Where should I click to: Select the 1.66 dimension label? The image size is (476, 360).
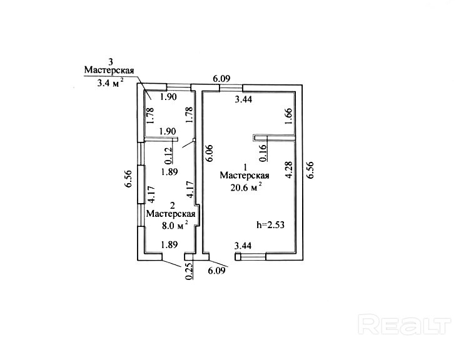tap(288, 117)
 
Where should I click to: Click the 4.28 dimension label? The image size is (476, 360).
tap(288, 171)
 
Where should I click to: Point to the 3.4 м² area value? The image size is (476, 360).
tap(110, 82)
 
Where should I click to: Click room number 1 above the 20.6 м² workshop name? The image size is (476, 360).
tap(245, 167)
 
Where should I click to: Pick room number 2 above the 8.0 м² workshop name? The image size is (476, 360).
tap(172, 204)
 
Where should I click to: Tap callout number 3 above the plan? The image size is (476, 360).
tap(111, 61)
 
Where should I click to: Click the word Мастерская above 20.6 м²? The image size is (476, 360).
tap(245, 176)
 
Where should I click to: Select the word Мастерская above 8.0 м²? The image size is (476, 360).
tap(171, 214)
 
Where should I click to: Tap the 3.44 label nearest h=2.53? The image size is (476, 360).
tap(243, 246)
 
